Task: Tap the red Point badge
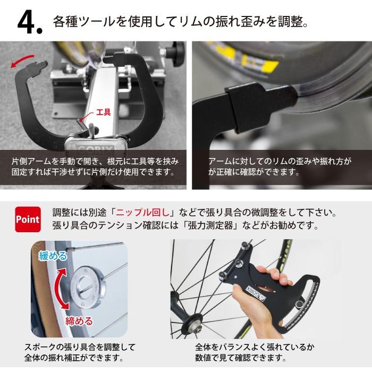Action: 28,219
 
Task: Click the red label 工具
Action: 104,112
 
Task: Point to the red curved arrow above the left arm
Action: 22,60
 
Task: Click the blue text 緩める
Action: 53,256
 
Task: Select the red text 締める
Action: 79,321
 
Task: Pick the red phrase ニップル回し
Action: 142,213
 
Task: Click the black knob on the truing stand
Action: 175,50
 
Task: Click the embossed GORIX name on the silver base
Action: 95,150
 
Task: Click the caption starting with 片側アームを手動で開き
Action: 95,166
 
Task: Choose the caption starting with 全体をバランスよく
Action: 255,352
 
